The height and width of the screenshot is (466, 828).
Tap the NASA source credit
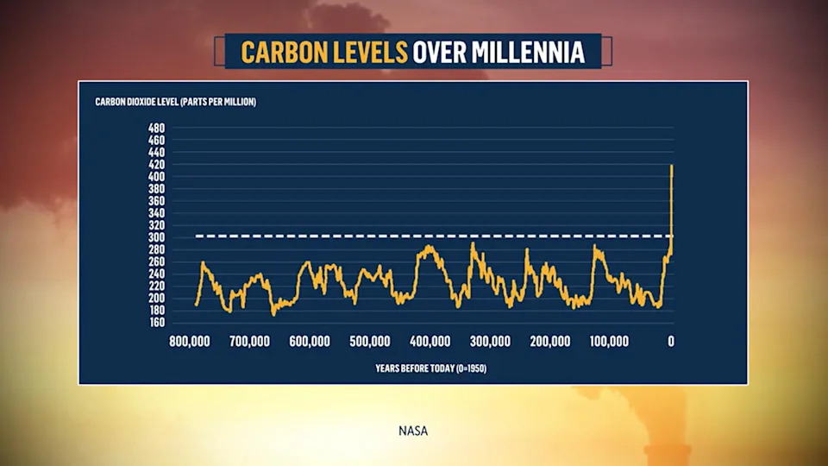pyautogui.click(x=413, y=431)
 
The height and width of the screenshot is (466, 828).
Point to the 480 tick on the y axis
pyautogui.click(x=156, y=128)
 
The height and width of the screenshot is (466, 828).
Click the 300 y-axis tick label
pyautogui.click(x=156, y=237)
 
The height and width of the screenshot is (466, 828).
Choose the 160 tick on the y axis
pyautogui.click(x=156, y=323)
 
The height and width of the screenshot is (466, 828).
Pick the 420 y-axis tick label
pyautogui.click(x=156, y=164)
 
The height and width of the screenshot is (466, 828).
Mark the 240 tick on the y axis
pyautogui.click(x=156, y=274)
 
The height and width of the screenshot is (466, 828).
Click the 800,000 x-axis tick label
pyautogui.click(x=190, y=341)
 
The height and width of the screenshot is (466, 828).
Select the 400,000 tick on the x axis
pyautogui.click(x=430, y=341)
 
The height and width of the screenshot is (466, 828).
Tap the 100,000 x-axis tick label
pyautogui.click(x=609, y=341)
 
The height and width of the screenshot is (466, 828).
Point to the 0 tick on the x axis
pyautogui.click(x=671, y=341)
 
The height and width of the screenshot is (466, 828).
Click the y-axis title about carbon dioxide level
pyautogui.click(x=175, y=103)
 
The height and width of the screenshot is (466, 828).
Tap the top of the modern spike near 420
pyautogui.click(x=671, y=167)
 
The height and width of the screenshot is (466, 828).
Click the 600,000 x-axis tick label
pyautogui.click(x=310, y=341)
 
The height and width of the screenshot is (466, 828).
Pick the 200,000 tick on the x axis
pyautogui.click(x=550, y=341)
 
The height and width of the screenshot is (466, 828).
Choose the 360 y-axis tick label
pyautogui.click(x=156, y=201)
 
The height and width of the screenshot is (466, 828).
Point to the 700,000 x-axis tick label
pyautogui.click(x=249, y=341)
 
